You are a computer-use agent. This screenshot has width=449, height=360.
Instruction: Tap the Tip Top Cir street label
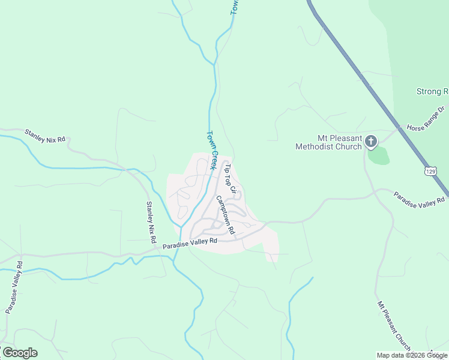232,179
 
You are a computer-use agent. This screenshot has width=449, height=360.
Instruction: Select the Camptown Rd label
225,215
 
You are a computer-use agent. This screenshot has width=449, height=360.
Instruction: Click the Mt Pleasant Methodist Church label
329,142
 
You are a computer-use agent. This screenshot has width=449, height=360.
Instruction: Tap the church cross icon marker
371,142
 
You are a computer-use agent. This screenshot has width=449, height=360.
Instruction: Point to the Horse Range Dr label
424,119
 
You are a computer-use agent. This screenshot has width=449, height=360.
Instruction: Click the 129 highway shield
430,172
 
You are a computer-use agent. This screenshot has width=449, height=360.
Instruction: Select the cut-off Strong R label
432,92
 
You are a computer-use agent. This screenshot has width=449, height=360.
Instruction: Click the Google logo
20,353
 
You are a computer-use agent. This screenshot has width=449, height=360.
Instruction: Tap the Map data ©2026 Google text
412,355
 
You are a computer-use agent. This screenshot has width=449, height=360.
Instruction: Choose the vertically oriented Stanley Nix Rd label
151,222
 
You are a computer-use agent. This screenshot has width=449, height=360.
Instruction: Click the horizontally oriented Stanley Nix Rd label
44,136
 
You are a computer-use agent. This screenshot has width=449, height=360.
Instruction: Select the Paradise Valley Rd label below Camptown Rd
189,242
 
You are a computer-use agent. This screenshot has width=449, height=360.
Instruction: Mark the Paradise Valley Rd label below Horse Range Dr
420,200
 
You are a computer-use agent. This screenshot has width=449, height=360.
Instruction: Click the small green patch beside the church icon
379,156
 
